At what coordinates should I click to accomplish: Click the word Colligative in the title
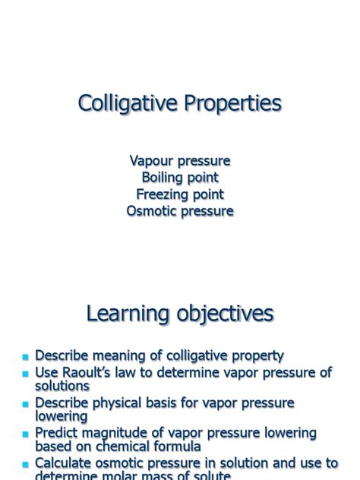126,104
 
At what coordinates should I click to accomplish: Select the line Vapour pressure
180,161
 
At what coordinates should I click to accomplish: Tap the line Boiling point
180,178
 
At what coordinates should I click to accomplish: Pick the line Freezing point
180,194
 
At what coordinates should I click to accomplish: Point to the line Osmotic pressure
180,211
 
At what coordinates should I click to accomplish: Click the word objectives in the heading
226,314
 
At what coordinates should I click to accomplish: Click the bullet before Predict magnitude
25,434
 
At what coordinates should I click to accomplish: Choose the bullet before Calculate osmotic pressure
25,464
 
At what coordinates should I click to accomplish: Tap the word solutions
62,386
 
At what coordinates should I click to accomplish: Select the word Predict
60,432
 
